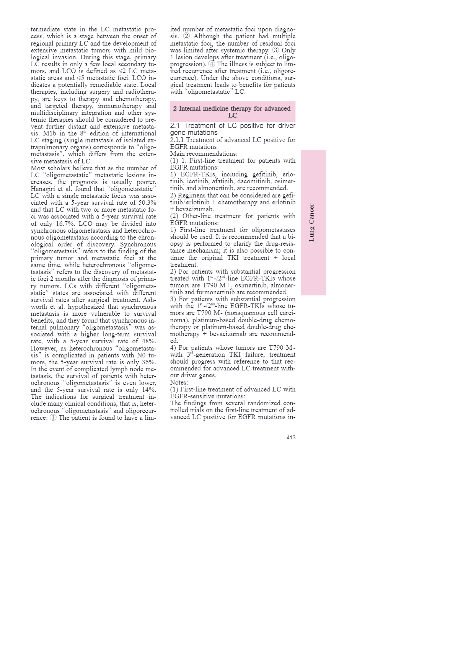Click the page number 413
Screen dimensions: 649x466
[x=291, y=437]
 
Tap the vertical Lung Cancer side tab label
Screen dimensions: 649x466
[x=312, y=223]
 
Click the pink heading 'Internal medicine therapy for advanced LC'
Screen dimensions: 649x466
[x=232, y=112]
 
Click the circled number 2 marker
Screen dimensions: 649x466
[x=186, y=36]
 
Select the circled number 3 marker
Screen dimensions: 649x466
[x=275, y=50]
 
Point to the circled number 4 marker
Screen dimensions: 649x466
[x=212, y=64]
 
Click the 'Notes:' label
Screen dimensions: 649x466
[x=179, y=383]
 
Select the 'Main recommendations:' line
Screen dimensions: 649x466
[x=204, y=154]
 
